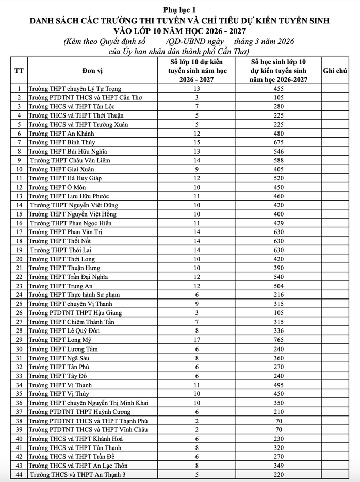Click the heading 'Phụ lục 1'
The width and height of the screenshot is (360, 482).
coord(180,9)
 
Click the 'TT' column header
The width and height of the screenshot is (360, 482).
coord(19,71)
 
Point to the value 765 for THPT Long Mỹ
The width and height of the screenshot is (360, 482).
coord(279,340)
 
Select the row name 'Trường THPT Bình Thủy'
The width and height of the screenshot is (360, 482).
coord(62,142)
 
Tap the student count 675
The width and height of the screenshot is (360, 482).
coord(279,142)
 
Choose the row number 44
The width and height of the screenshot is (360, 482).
coord(19,474)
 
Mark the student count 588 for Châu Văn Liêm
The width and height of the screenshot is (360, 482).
coord(279,160)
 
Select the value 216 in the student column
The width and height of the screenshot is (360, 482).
coord(279,295)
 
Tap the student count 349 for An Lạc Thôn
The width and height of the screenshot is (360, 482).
coord(279,466)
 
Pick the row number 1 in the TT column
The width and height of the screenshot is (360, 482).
coord(19,89)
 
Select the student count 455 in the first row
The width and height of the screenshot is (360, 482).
coord(279,89)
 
